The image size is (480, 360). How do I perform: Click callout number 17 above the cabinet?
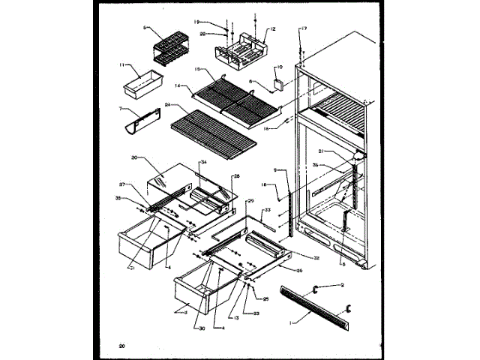pyautogui.click(x=304, y=28)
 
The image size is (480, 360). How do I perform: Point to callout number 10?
pyautogui.click(x=279, y=66)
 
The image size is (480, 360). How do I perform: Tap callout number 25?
pyautogui.click(x=265, y=299)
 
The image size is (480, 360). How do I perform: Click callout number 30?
pyautogui.click(x=199, y=328)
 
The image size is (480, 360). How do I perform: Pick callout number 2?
pyautogui.click(x=341, y=285)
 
